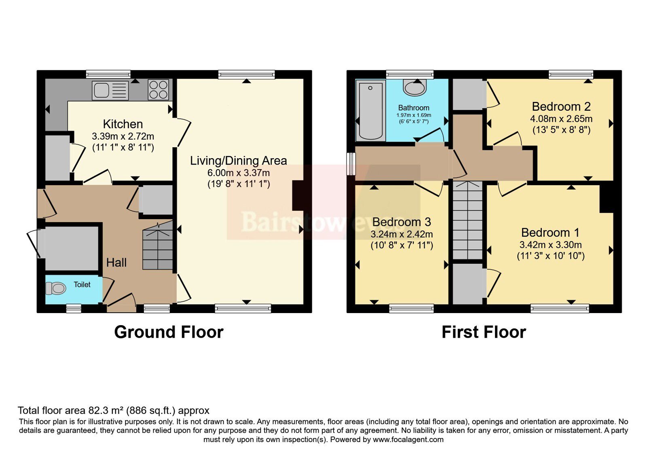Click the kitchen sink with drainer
(110, 91)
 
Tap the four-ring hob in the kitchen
(158, 89)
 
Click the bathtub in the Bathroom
(370, 111)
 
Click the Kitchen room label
(123, 124)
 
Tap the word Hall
(116, 262)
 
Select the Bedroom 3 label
(402, 222)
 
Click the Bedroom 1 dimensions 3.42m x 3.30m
(550, 245)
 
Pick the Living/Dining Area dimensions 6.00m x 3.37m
(239, 173)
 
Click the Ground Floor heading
(169, 332)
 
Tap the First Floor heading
(484, 332)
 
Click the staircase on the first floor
(467, 220)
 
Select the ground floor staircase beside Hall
(157, 246)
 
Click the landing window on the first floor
(351, 164)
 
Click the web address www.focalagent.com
(408, 440)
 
